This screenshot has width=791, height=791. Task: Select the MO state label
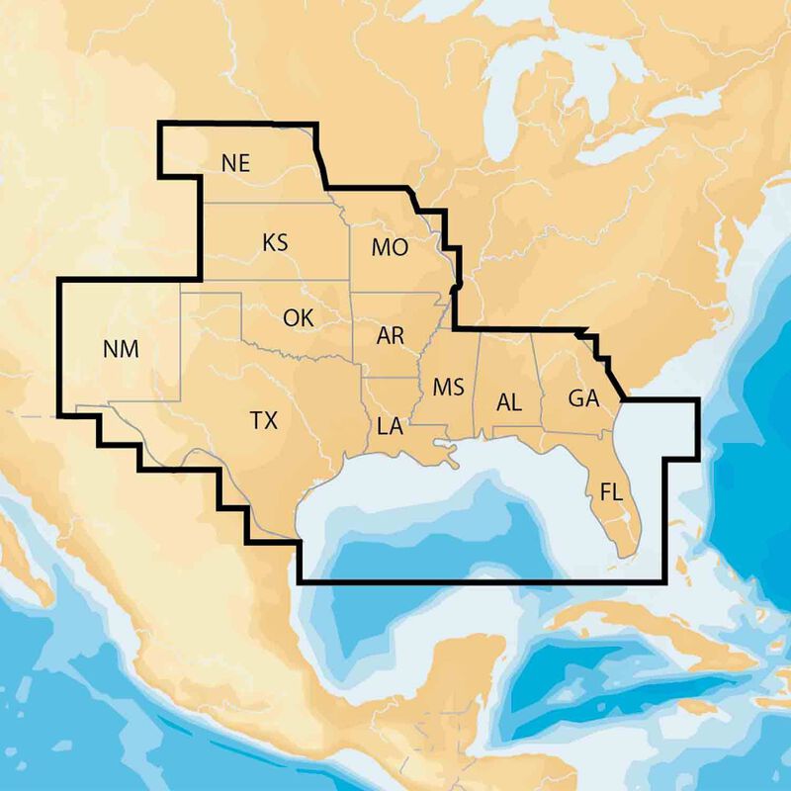coord(390,248)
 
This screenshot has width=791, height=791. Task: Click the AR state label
coord(391,335)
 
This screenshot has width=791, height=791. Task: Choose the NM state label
coord(121,349)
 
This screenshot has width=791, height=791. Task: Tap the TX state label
coord(263,420)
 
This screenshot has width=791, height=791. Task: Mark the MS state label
coord(448,386)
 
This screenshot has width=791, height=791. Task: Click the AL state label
coord(509,401)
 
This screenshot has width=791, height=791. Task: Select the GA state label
coord(583,398)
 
